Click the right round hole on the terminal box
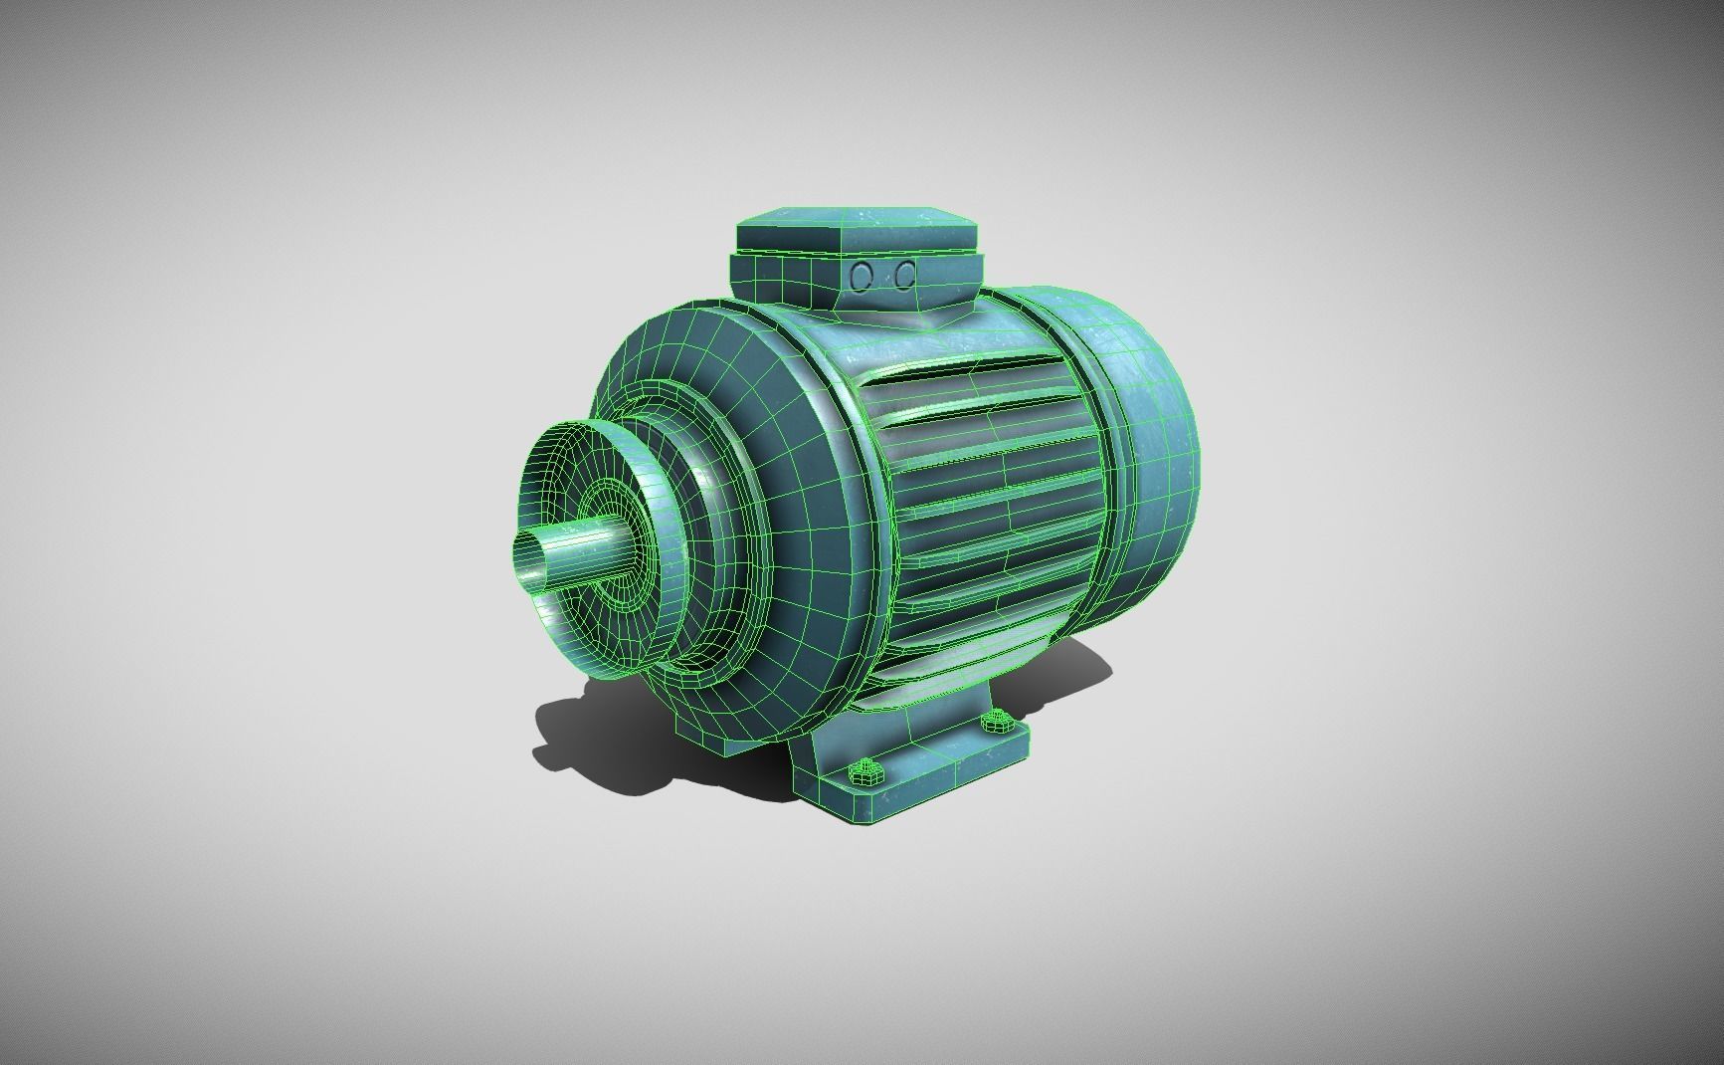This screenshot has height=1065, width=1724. [x=904, y=275]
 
